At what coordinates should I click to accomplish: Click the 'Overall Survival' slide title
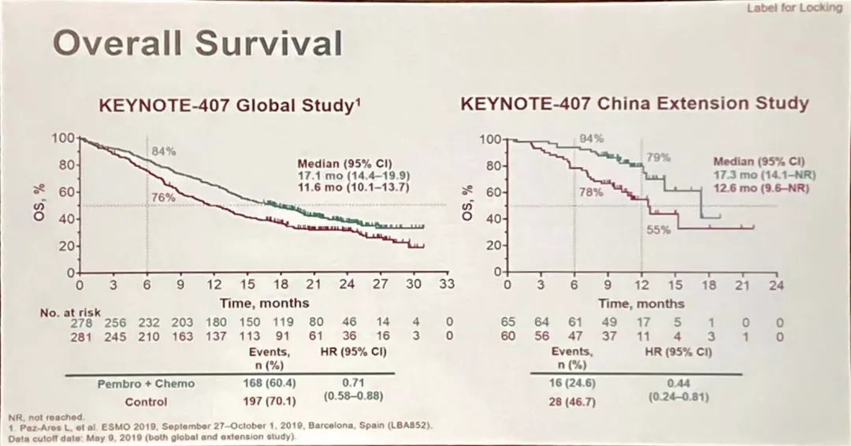pos(197,44)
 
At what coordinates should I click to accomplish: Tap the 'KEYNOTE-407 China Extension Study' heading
pos(634,103)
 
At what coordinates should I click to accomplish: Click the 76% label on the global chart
pos(163,198)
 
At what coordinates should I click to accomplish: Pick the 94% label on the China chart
pos(591,139)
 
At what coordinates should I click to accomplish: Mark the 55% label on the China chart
pos(658,230)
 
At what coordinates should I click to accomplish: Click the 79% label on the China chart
pos(658,158)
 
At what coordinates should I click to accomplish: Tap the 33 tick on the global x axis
pos(447,284)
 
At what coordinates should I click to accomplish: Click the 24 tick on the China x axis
pos(776,284)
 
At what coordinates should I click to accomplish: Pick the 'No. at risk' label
pos(71,313)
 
